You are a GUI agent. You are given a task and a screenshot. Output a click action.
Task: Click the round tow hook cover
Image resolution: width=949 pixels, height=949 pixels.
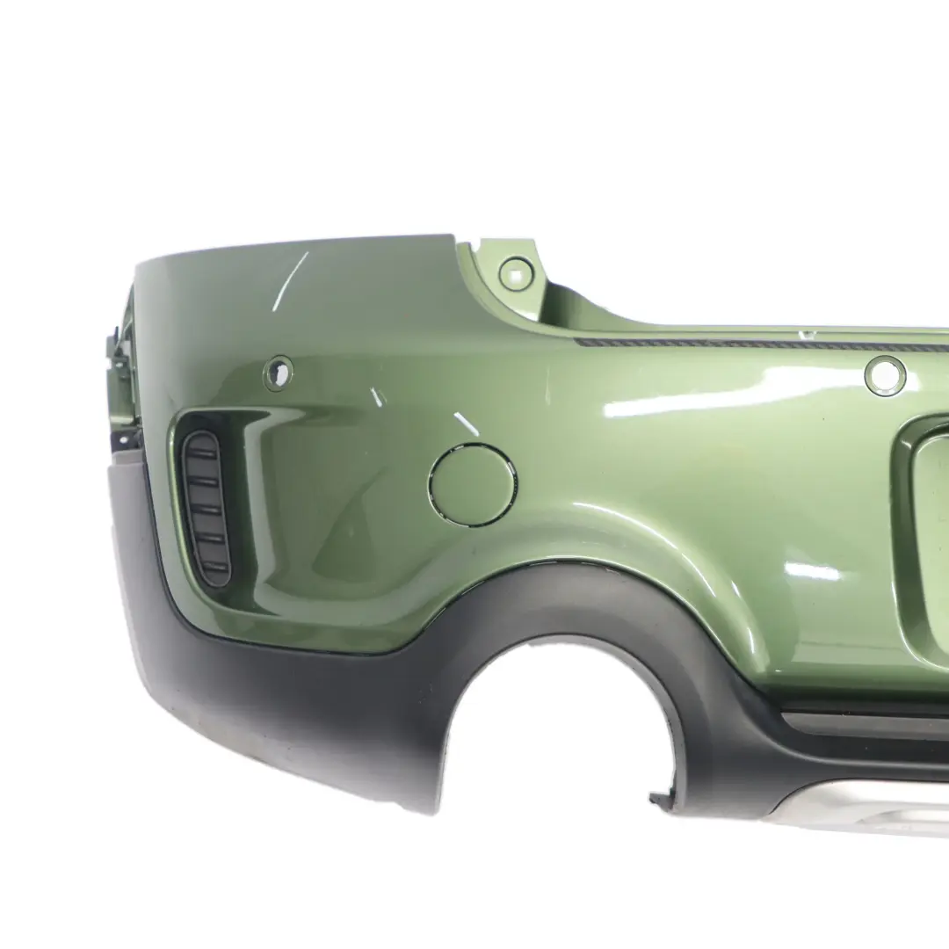[x=472, y=485]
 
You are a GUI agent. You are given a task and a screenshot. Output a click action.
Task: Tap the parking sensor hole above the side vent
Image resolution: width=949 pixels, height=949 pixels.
[x=278, y=373]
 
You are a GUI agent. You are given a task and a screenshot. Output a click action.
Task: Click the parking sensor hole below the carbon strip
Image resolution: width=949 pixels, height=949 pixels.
[x=884, y=375]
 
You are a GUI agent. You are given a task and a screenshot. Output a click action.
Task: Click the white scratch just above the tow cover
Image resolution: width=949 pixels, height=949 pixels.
[x=467, y=425]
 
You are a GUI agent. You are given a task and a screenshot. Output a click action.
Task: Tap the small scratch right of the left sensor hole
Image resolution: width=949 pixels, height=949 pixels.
[x=377, y=397]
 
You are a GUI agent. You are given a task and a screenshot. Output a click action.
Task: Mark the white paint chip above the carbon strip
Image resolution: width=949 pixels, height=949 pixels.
[x=801, y=334]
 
